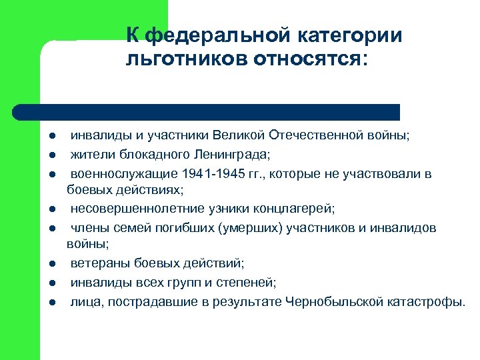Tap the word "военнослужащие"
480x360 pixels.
[123, 174]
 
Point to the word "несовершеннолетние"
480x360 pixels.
[133, 209]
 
